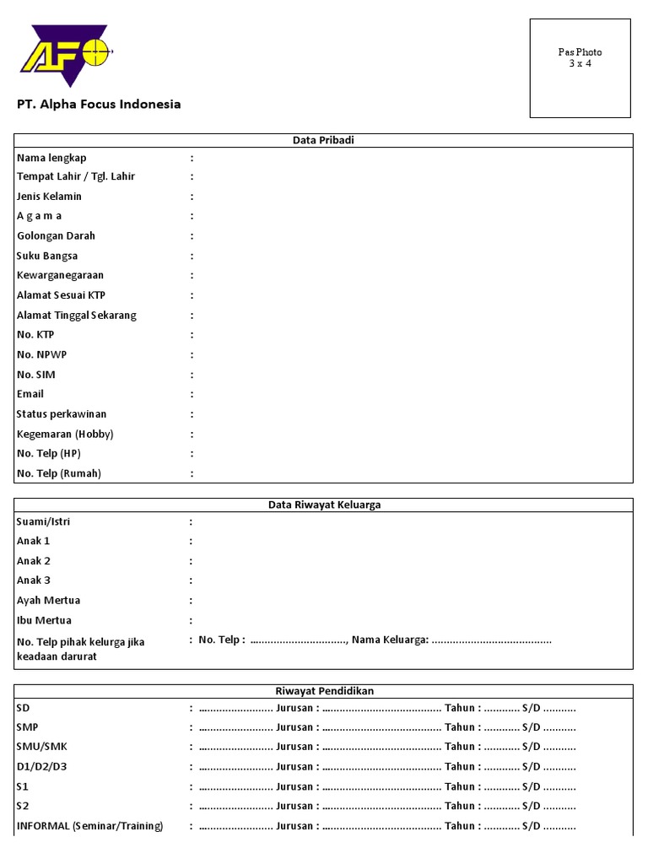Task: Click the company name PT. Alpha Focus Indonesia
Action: (x=99, y=105)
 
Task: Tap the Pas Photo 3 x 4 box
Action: (x=580, y=68)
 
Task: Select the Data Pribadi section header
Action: (x=323, y=140)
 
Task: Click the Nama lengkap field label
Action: (x=51, y=158)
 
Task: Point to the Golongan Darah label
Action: (x=56, y=236)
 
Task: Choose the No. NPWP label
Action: (x=40, y=354)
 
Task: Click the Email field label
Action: (x=30, y=394)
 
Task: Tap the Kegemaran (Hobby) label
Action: (x=65, y=434)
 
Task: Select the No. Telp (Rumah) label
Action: (x=59, y=473)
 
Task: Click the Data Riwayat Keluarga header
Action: (x=324, y=505)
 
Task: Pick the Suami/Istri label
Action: (x=43, y=521)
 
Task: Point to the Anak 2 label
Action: (x=34, y=561)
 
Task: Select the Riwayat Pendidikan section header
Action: (x=324, y=691)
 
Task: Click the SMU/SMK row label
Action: (x=40, y=747)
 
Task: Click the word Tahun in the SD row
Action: (x=462, y=708)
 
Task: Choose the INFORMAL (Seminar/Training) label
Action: (x=89, y=825)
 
